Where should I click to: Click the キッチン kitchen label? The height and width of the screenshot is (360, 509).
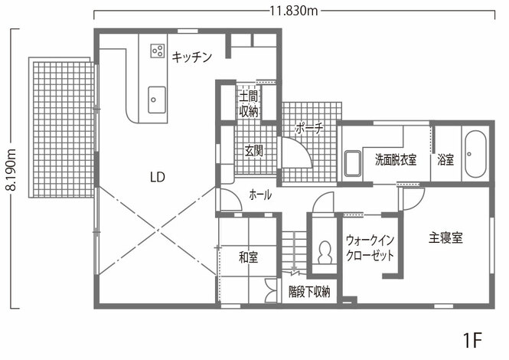click(x=192, y=57)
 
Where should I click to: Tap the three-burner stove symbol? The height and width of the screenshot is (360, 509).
click(x=158, y=51)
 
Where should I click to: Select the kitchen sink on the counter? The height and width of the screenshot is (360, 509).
click(x=157, y=100)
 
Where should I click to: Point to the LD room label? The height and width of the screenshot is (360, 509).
click(x=158, y=177)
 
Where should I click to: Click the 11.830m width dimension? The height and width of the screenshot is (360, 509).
click(x=294, y=11)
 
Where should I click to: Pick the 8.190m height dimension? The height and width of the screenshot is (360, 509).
click(x=11, y=169)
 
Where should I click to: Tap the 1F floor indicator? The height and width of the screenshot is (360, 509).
click(x=472, y=340)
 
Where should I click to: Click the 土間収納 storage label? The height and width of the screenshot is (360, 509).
click(x=249, y=104)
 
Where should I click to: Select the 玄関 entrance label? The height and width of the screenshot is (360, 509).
click(x=254, y=151)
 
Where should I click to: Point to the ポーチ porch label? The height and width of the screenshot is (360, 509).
click(x=309, y=129)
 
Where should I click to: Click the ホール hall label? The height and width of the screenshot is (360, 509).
click(x=260, y=195)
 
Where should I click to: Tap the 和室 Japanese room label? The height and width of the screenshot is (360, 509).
click(x=248, y=257)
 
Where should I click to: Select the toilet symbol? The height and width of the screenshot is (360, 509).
click(x=325, y=253)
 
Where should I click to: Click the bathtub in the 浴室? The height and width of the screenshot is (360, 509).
click(x=475, y=154)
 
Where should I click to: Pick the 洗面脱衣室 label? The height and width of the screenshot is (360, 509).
click(x=396, y=159)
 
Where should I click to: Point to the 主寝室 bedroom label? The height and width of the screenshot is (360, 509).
click(x=445, y=238)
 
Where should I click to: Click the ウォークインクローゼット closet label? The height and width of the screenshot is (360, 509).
click(x=370, y=248)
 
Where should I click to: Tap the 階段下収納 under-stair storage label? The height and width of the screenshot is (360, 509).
click(x=309, y=292)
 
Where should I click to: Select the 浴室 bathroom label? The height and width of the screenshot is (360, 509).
click(x=445, y=159)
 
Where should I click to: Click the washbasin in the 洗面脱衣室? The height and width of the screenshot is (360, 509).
click(x=353, y=163)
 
